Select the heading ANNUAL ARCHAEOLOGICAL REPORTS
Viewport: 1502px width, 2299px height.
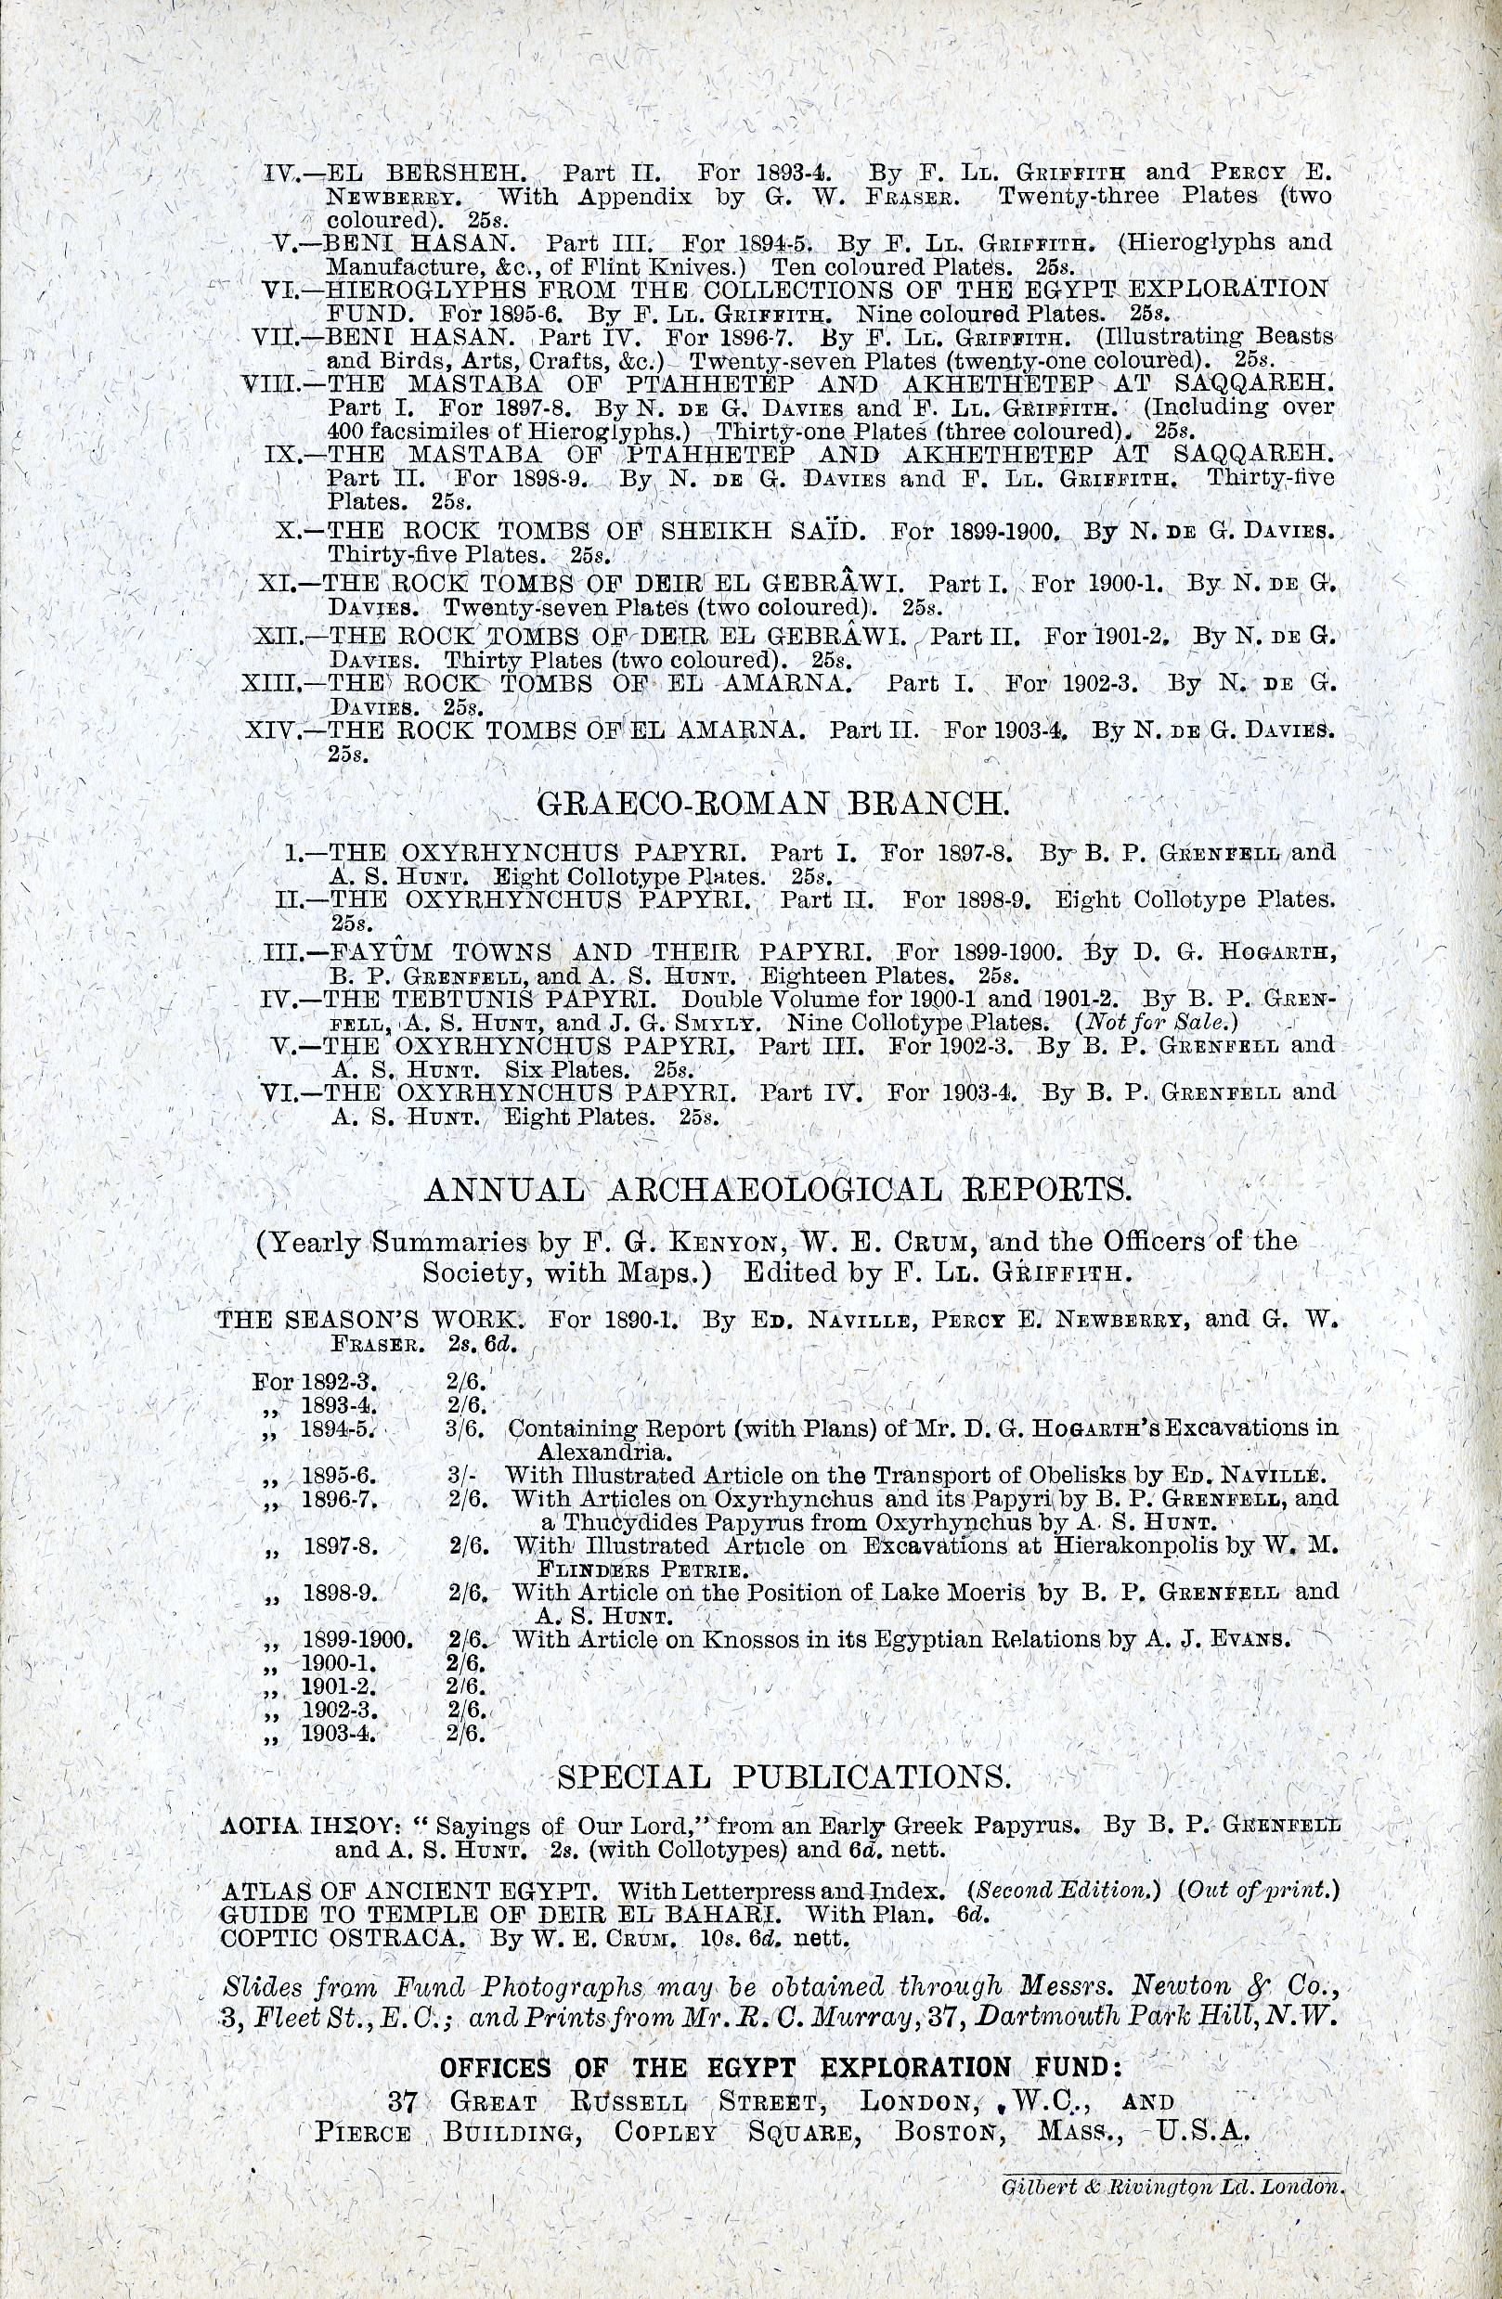click(x=777, y=1189)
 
